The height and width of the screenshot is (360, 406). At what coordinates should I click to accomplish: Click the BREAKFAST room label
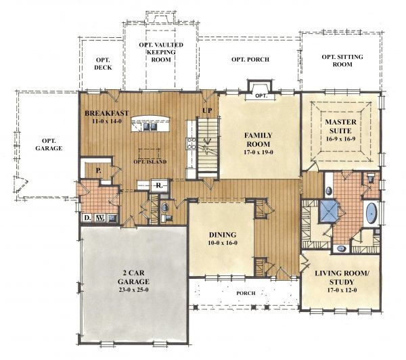[107, 113]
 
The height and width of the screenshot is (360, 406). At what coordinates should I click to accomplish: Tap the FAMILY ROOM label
[258, 139]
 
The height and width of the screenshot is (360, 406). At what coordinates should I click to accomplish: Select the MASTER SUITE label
[340, 126]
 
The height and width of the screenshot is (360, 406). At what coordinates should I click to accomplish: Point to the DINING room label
[223, 235]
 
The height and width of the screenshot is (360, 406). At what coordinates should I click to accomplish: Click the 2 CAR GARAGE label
[133, 277]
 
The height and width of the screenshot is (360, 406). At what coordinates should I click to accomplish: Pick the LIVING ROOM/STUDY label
[342, 277]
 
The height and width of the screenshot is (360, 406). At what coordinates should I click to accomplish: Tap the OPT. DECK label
[103, 64]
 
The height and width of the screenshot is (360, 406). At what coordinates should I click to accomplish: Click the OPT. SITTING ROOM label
[342, 60]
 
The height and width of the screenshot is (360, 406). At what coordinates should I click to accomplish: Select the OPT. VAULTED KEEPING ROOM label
[161, 52]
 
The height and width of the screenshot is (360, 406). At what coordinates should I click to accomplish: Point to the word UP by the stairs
[207, 110]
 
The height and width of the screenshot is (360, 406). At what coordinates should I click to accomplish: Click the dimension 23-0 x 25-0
[133, 290]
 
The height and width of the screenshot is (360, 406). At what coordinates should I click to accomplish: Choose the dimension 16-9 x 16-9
[340, 139]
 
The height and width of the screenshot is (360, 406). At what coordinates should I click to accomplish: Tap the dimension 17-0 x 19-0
[258, 152]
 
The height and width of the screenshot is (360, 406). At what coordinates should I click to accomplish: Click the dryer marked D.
[87, 218]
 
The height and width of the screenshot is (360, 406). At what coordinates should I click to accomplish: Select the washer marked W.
[99, 218]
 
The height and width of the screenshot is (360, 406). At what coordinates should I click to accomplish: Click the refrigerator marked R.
[160, 185]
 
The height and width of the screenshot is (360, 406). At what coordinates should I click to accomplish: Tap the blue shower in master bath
[329, 211]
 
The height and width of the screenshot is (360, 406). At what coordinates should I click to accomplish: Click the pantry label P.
[98, 171]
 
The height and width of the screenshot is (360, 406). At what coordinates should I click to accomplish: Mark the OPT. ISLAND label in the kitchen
[150, 162]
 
